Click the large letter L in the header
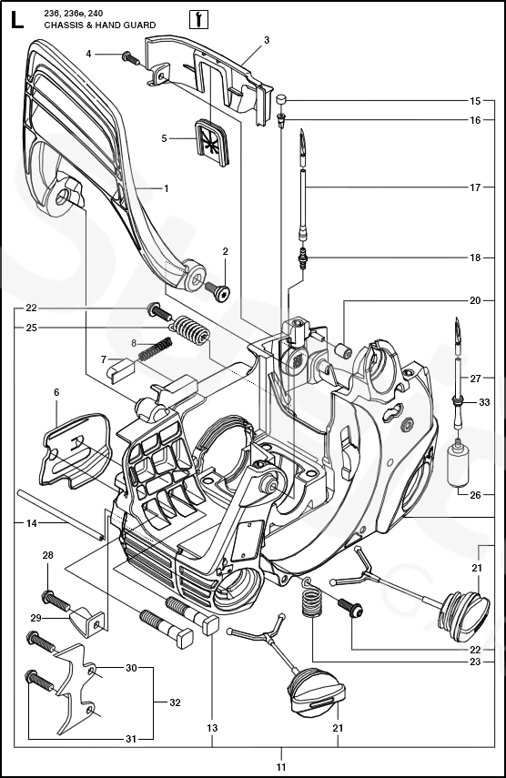point(16,20)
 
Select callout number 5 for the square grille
point(164,138)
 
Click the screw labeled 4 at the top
point(131,58)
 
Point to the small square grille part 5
point(212,140)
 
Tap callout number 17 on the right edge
point(475,187)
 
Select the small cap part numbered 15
point(282,100)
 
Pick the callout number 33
point(484,402)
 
